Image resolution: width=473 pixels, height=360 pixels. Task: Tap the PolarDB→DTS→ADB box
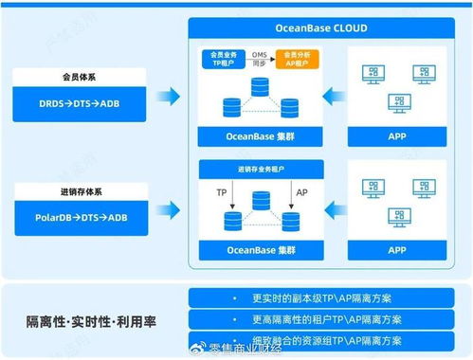(84, 217)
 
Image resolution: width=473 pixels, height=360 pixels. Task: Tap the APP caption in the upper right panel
(397, 136)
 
